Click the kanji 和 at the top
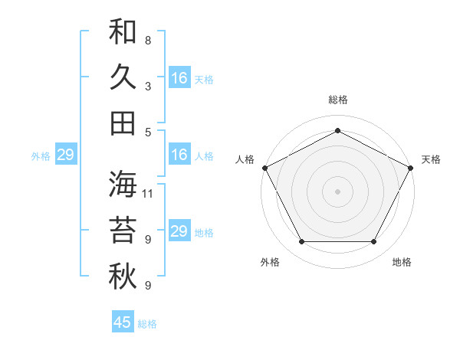(x=123, y=32)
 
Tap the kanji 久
(x=123, y=77)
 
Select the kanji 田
(x=123, y=123)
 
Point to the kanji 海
(x=123, y=185)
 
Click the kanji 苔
(x=123, y=231)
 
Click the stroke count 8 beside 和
(x=147, y=40)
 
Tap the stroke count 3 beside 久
(x=147, y=86)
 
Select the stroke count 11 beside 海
(x=148, y=194)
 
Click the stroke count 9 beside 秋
(x=147, y=286)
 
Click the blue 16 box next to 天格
(x=179, y=77)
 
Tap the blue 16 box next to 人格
(x=179, y=155)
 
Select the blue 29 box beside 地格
(x=179, y=231)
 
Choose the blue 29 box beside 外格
(x=65, y=155)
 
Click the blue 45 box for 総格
(x=123, y=322)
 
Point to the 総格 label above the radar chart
(x=337, y=100)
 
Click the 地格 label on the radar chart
(x=402, y=262)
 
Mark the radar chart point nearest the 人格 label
(x=264, y=167)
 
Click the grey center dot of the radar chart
(x=337, y=191)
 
